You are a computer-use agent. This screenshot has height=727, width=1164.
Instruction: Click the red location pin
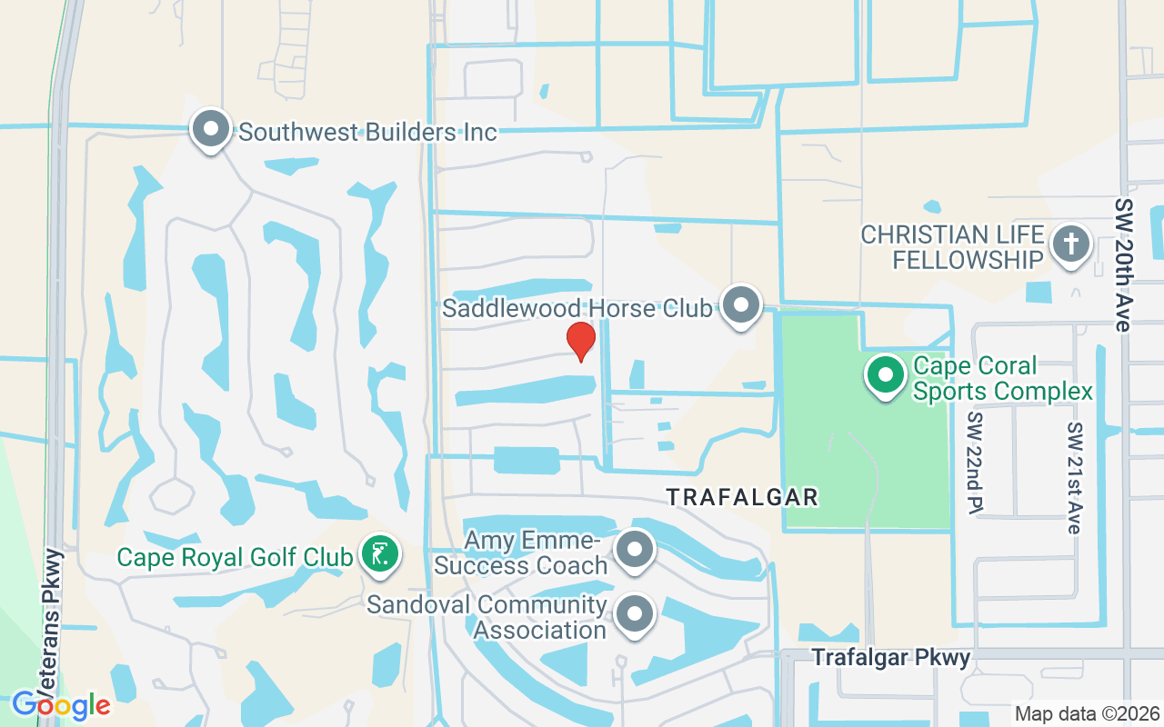tap(580, 341)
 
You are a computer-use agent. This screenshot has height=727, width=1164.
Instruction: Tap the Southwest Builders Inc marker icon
tap(211, 130)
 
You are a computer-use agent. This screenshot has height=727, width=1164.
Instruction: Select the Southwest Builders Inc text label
tap(367, 133)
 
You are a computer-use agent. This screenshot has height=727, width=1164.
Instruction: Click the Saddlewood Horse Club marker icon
tap(742, 305)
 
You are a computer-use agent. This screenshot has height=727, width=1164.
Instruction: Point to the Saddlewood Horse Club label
tap(577, 309)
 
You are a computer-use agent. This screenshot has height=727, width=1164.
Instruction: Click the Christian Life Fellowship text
tap(953, 247)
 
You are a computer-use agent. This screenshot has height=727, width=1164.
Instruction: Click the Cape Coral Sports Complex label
tap(1002, 379)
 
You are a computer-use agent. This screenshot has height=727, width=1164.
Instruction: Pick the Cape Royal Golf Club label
tap(235, 556)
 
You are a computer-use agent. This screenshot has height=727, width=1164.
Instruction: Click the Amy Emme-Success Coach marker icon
tap(635, 550)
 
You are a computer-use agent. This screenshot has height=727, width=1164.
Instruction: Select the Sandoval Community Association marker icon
tap(635, 615)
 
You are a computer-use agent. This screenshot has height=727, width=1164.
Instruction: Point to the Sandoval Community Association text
tap(487, 617)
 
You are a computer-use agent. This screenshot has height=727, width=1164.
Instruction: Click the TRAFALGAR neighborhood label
tap(743, 497)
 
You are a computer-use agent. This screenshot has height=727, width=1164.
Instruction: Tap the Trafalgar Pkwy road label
tap(891, 657)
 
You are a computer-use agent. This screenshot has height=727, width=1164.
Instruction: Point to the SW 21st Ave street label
tap(1074, 477)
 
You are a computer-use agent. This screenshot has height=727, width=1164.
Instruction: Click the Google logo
tap(61, 704)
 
